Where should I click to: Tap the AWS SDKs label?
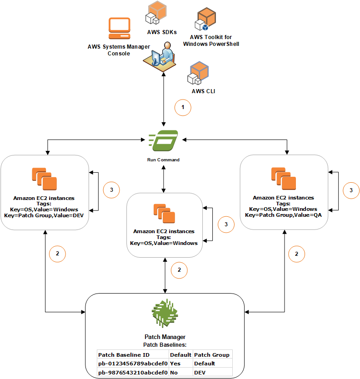161,32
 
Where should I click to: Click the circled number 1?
183,108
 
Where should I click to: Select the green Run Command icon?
163,141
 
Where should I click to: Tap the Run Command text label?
163,160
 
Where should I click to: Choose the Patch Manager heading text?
165,337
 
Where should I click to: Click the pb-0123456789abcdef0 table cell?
132,364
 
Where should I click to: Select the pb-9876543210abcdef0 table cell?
132,372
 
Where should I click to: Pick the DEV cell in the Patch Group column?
200,372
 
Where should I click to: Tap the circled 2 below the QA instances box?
297,254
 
